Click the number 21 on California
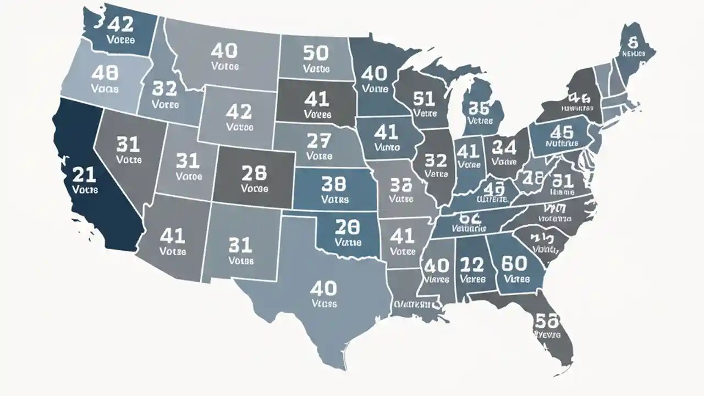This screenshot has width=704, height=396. click(x=84, y=175)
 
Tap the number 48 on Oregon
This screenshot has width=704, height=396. click(x=105, y=73)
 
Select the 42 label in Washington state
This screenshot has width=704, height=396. click(x=120, y=25)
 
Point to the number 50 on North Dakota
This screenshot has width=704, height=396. click(x=315, y=53)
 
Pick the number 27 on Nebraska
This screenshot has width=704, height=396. click(x=319, y=141)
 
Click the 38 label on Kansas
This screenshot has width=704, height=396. click(x=334, y=183)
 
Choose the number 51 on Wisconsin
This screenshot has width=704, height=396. click(x=424, y=99)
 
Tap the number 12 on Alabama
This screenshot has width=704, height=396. click(x=471, y=265)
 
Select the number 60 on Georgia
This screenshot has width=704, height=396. click(x=515, y=264)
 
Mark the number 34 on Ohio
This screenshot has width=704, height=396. click(x=504, y=147)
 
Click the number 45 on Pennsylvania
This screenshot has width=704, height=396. click(x=562, y=131)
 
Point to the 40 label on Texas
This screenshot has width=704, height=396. click(x=323, y=288)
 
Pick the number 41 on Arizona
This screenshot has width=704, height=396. click(x=172, y=236)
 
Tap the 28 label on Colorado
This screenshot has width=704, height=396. click(x=254, y=173)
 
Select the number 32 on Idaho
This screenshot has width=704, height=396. click(x=164, y=88)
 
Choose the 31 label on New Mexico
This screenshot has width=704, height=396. click(x=240, y=245)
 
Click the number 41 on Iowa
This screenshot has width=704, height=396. click(x=386, y=132)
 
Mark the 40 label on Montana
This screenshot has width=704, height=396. click(x=224, y=51)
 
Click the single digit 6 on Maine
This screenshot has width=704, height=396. click(x=632, y=42)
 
